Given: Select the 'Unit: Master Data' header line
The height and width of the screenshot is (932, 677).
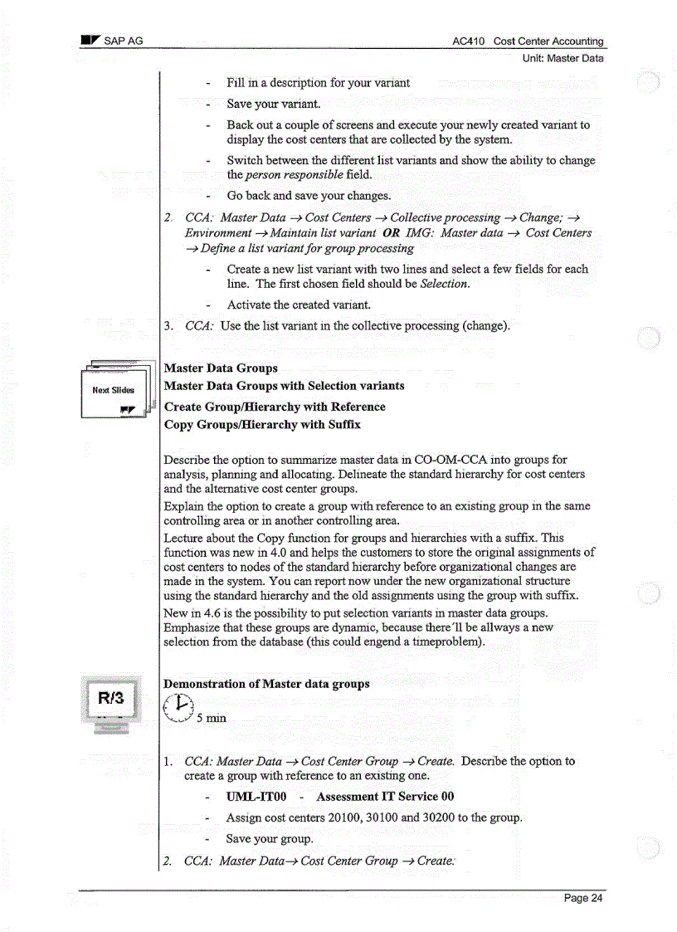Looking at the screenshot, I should click(x=563, y=58).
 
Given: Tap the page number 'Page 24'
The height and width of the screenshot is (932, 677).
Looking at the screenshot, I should click(x=583, y=898).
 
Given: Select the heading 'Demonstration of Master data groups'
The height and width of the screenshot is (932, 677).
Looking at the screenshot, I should click(x=266, y=684).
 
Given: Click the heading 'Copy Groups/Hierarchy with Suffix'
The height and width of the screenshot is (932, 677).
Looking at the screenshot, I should click(x=262, y=425).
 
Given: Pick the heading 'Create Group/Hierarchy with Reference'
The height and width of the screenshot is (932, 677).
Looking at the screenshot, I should click(x=275, y=407).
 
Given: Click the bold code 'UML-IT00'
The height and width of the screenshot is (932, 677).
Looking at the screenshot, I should click(x=256, y=797).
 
